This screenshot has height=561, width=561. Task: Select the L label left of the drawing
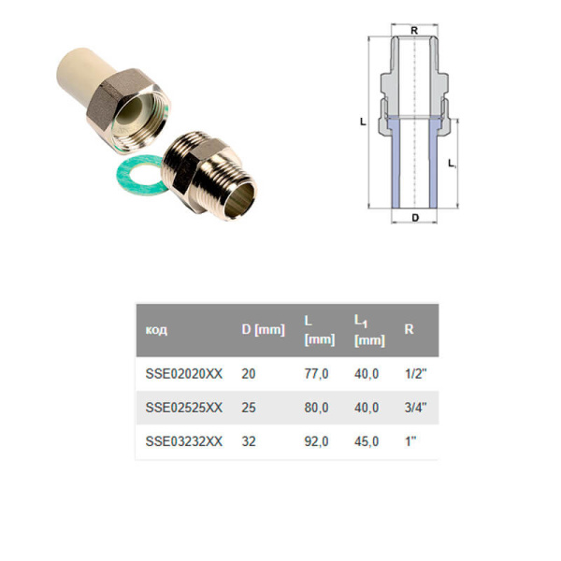[x=362, y=122]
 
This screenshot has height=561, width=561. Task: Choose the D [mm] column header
[x=263, y=330]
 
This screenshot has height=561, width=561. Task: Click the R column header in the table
[x=409, y=330]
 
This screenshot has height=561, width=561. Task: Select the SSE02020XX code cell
[x=184, y=373]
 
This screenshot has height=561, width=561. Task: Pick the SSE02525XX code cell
[x=184, y=408]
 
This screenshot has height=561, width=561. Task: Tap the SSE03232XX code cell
[x=184, y=442]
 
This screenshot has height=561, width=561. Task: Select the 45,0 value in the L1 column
[x=367, y=442]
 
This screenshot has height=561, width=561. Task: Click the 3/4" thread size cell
[x=416, y=408]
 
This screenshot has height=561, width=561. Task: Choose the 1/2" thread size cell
[x=416, y=373]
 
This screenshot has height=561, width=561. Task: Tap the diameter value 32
[x=249, y=442]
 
